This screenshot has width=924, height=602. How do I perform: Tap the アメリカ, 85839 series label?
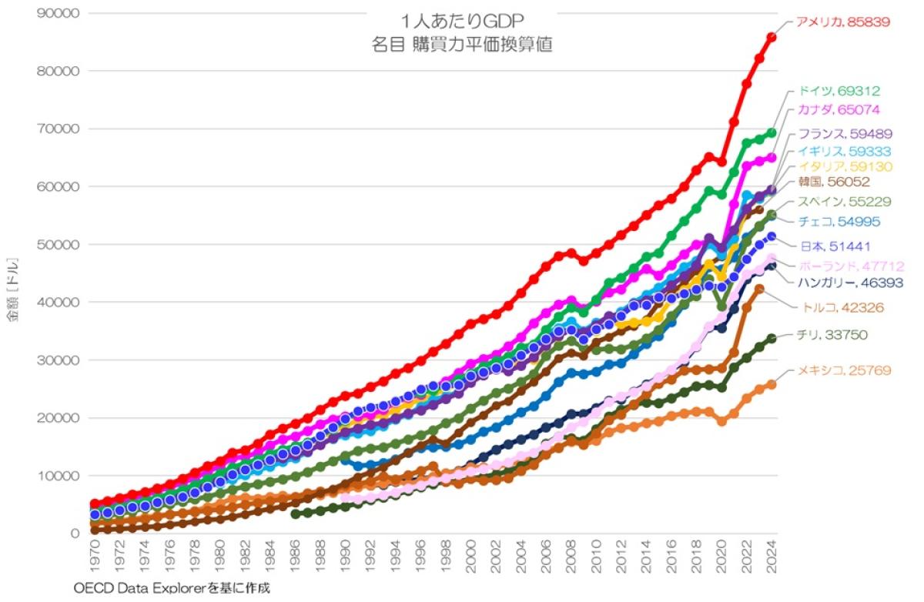843,22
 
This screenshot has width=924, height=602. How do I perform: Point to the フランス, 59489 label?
844,135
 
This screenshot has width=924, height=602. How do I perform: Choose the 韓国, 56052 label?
835,182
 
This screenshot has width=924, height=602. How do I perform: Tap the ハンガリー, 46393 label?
850,283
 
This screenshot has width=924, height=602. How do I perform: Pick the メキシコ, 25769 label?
845,371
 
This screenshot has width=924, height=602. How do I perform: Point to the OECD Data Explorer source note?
172,589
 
